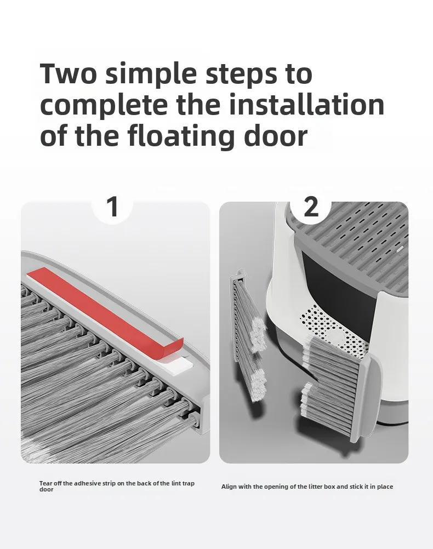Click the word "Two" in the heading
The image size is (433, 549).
tap(69, 73)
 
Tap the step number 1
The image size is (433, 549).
tap(112, 207)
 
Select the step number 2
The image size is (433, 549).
tap(311, 207)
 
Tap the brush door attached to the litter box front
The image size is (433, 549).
tap(340, 388)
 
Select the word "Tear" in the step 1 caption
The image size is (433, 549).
tap(45, 483)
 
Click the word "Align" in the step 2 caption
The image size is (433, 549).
tap(229, 487)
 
